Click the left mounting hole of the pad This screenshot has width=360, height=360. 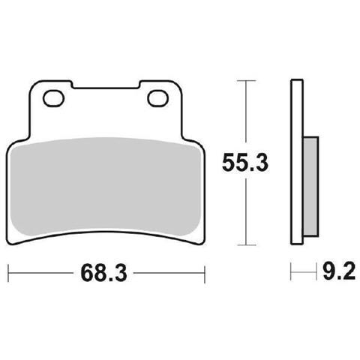(x=53, y=98)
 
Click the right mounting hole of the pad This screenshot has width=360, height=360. (x=157, y=99)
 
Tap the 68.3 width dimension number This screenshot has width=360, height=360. (x=103, y=273)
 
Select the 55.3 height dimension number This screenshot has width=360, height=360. (x=245, y=163)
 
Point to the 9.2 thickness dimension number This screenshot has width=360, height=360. (x=339, y=271)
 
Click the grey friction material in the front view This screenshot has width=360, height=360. (x=106, y=186)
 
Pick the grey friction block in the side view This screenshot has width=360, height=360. (x=310, y=186)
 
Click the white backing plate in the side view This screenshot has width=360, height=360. (x=297, y=162)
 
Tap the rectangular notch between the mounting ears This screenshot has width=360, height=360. (x=106, y=85)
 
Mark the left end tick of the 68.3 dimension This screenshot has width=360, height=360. (x=9, y=273)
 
